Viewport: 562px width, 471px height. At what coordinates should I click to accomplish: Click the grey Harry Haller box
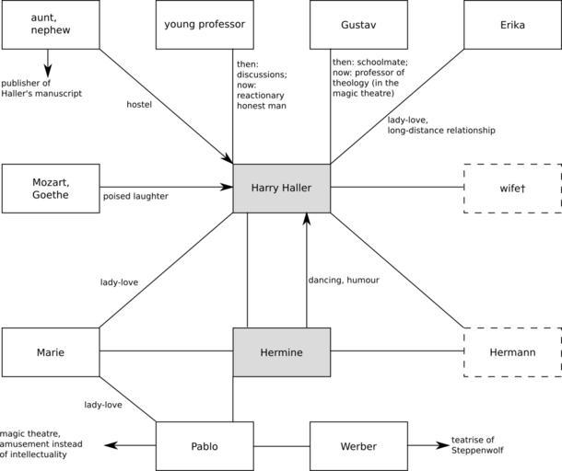(281, 188)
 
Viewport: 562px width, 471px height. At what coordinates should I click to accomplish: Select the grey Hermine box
(281, 352)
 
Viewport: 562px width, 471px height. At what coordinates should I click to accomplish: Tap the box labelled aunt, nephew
(51, 24)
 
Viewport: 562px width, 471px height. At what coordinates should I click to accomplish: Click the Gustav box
(358, 24)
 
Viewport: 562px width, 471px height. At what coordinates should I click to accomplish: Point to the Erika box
(512, 24)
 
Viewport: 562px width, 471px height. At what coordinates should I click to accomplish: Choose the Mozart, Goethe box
(51, 188)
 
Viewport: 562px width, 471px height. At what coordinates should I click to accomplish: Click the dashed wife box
(512, 188)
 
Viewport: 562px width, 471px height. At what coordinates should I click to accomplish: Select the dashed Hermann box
(512, 352)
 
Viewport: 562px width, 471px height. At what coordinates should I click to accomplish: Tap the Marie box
(51, 352)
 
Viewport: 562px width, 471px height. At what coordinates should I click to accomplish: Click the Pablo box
(205, 446)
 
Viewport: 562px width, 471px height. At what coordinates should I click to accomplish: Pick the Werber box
(358, 446)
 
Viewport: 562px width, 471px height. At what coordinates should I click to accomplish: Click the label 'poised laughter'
(135, 196)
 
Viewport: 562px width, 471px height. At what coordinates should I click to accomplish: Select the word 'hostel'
(140, 104)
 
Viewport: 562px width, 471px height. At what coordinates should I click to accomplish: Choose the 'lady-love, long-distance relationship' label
(440, 125)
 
